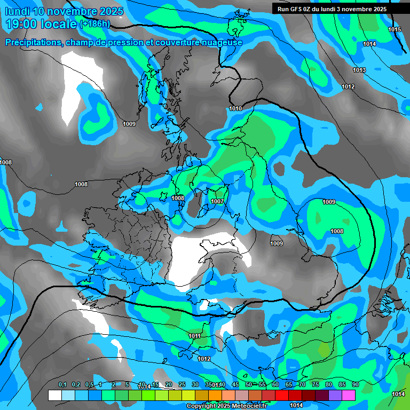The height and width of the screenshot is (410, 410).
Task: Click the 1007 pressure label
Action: click(217, 201)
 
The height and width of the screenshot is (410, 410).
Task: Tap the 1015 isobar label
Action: click(395, 29)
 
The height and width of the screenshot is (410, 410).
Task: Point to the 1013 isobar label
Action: click(359, 70)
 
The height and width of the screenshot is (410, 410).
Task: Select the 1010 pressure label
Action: click(235, 109)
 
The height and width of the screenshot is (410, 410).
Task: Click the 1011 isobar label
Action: click(195, 336)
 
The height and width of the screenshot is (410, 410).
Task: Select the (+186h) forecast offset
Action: click(95, 24)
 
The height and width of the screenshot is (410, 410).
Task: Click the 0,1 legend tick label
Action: click(62, 385)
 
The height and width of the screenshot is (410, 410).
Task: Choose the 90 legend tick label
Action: click(355, 385)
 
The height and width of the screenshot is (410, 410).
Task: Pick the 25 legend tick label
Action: click(182, 385)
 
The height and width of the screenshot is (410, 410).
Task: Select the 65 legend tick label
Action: click(288, 385)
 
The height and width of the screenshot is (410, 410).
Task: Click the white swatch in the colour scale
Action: click(54, 395)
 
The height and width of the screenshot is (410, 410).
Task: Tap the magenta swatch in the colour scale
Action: click(348, 395)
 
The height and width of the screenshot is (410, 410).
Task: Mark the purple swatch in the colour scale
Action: click(335, 395)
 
